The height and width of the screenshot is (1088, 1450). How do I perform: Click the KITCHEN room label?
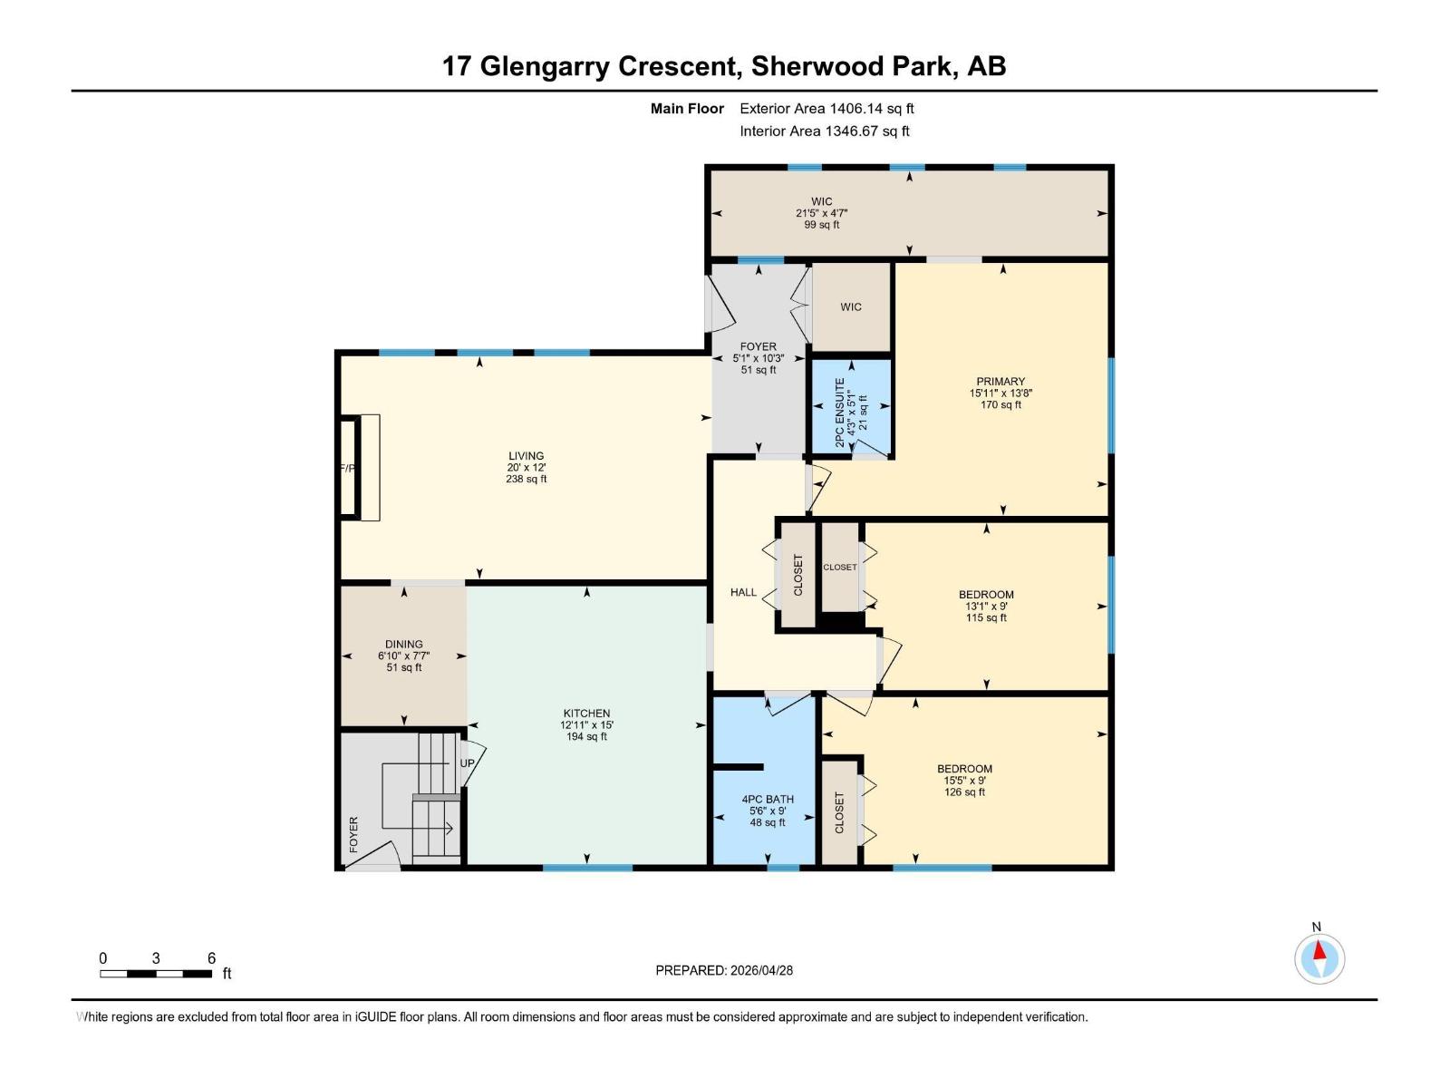(x=586, y=714)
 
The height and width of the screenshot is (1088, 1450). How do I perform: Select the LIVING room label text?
(x=526, y=456)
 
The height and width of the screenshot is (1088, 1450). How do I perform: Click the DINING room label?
(x=403, y=645)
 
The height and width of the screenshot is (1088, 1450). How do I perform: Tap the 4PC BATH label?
(x=768, y=800)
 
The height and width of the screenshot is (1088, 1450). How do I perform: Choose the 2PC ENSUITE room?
(x=850, y=406)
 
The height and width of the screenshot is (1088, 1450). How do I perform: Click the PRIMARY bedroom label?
(x=1000, y=382)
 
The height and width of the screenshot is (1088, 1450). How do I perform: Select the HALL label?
(x=743, y=592)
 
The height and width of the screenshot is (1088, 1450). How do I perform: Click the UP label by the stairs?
(x=467, y=763)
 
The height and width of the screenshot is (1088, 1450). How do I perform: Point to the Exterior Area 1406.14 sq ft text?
(x=826, y=109)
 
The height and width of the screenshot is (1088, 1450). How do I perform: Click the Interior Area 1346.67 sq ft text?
(x=824, y=131)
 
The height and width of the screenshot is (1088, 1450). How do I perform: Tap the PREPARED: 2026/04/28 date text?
(x=724, y=970)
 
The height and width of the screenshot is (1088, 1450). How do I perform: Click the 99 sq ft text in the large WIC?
(x=821, y=225)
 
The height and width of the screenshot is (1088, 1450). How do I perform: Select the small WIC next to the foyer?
(x=850, y=307)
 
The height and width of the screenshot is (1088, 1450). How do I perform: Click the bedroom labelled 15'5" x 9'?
(x=964, y=780)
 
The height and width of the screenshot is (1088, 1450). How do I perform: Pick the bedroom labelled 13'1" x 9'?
(x=986, y=606)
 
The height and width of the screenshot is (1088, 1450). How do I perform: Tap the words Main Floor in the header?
(x=687, y=109)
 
